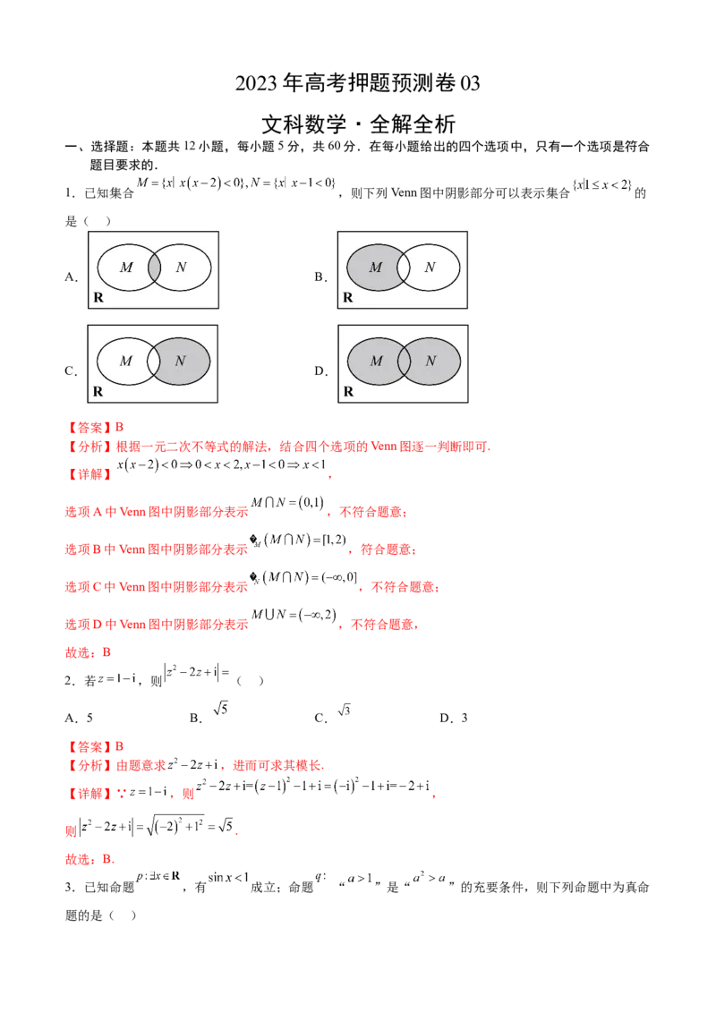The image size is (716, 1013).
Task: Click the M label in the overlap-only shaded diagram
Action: click(126, 268)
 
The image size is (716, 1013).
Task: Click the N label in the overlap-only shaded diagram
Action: click(181, 268)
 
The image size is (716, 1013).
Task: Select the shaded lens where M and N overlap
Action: click(154, 268)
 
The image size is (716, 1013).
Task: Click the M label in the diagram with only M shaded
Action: click(376, 268)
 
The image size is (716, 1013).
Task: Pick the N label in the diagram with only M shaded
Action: click(430, 268)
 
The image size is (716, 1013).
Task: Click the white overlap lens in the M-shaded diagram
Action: click(404, 268)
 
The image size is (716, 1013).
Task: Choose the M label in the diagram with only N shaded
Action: click(126, 362)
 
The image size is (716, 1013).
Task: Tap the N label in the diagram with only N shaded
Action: click(181, 362)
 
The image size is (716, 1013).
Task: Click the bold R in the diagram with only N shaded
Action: click(98, 391)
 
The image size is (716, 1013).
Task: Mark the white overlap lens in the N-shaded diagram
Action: click(154, 362)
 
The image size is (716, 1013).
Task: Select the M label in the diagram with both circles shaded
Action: click(376, 362)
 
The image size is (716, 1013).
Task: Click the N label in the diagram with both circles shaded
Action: click(430, 362)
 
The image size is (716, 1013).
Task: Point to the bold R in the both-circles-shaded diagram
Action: click(348, 391)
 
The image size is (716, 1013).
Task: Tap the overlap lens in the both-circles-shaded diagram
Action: click(404, 362)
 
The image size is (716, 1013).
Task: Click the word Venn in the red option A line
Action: click(132, 513)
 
